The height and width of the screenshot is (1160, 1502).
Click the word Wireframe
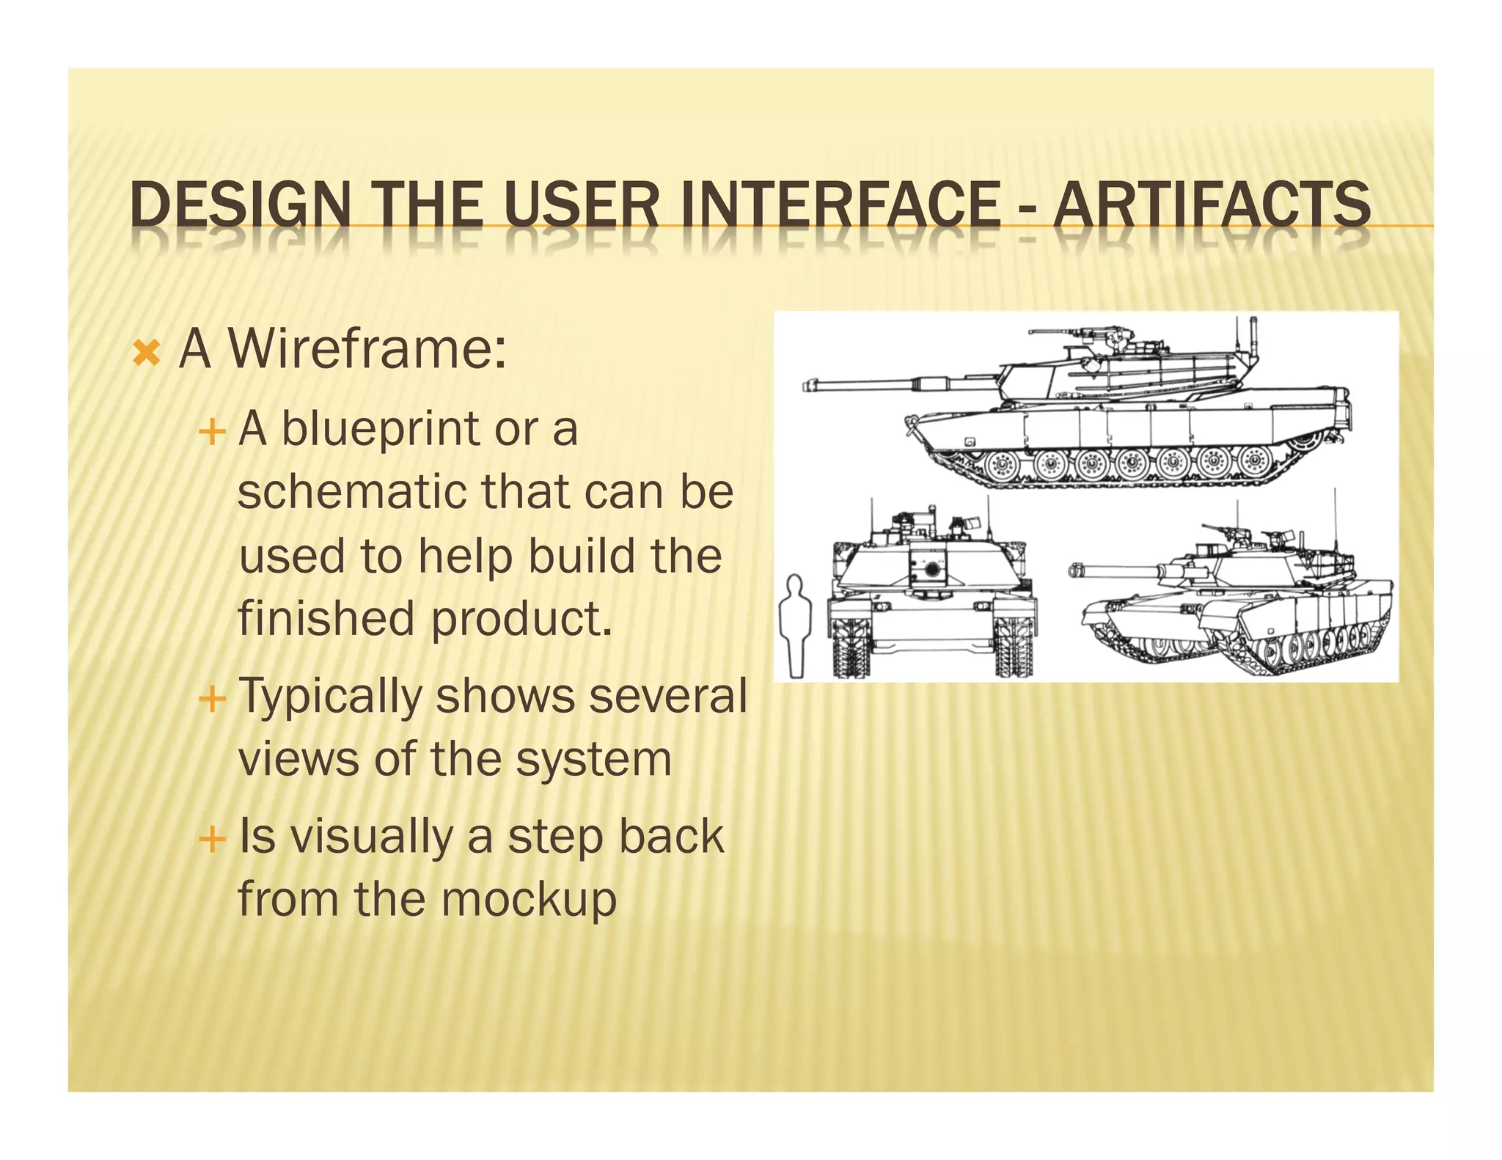click(x=367, y=349)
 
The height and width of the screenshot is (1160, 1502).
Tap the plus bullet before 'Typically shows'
click(x=211, y=699)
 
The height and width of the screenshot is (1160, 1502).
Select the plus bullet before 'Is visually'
click(x=211, y=838)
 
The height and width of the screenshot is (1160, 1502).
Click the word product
click(x=521, y=619)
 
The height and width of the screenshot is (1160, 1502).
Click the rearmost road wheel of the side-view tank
click(x=1255, y=461)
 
